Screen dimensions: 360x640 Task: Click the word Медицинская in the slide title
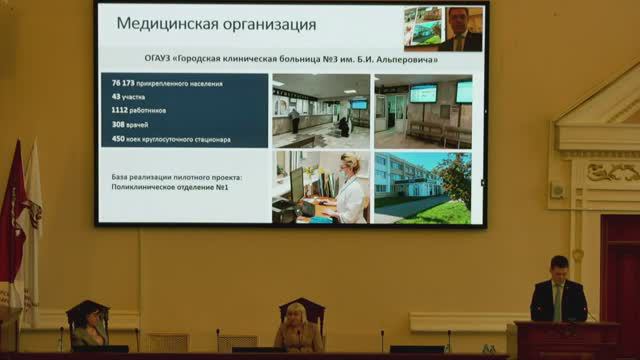(x=165, y=23)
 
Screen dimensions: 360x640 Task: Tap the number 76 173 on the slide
(x=123, y=83)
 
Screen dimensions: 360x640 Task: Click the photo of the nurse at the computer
(x=320, y=187)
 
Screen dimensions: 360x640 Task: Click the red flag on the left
(x=12, y=230)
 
